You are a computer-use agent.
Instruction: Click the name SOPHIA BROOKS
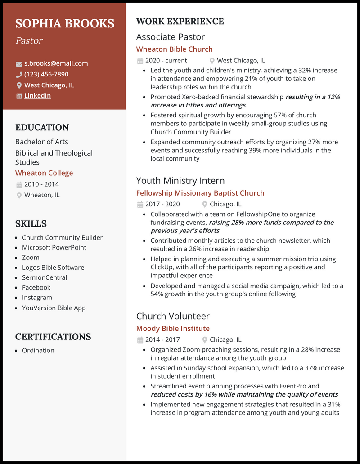pyautogui.click(x=65, y=23)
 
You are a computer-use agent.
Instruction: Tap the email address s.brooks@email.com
pyautogui.click(x=56, y=63)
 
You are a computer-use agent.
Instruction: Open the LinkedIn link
pyautogui.click(x=37, y=95)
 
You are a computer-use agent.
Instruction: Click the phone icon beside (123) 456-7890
pyautogui.click(x=19, y=75)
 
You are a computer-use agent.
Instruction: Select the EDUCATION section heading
pyautogui.click(x=42, y=127)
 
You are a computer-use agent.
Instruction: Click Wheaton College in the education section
pyautogui.click(x=44, y=173)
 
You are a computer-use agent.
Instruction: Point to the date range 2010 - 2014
pyautogui.click(x=41, y=184)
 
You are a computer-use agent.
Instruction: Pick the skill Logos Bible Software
pyautogui.click(x=53, y=268)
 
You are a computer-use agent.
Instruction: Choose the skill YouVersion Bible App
pyautogui.click(x=54, y=308)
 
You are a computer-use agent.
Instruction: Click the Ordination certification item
pyautogui.click(x=38, y=350)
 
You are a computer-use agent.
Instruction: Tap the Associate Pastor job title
pyautogui.click(x=171, y=37)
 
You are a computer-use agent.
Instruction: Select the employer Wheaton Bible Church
pyautogui.click(x=175, y=49)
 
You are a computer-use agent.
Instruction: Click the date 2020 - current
pyautogui.click(x=166, y=60)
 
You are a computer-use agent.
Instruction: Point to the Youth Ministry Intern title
pyautogui.click(x=180, y=181)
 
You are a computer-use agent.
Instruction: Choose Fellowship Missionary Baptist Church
pyautogui.click(x=200, y=193)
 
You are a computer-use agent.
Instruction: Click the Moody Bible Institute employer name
pyautogui.click(x=173, y=329)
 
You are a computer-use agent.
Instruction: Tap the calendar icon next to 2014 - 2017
pyautogui.click(x=140, y=340)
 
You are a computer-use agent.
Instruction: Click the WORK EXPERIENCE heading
pyautogui.click(x=180, y=21)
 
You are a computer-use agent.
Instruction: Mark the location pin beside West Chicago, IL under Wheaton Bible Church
pyautogui.click(x=212, y=61)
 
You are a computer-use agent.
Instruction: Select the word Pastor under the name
pyautogui.click(x=29, y=40)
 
